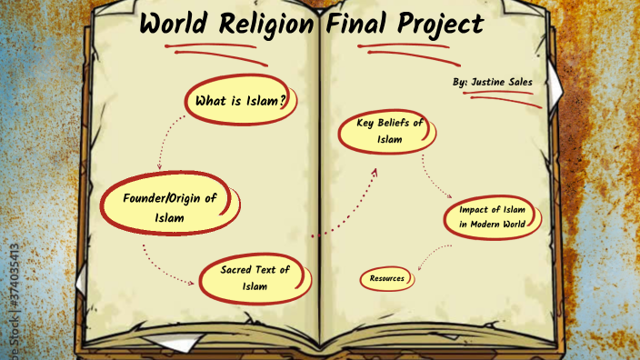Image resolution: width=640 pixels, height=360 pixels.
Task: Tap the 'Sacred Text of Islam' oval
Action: [254, 278]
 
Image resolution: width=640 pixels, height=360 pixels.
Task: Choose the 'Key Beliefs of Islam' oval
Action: [383, 131]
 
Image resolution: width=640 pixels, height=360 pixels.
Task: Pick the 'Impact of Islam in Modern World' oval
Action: [491, 217]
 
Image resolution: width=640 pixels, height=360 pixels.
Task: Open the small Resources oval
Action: [386, 278]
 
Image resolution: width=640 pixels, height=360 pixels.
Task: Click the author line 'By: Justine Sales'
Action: [491, 83]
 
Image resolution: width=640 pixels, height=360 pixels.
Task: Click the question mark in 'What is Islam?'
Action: [284, 101]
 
